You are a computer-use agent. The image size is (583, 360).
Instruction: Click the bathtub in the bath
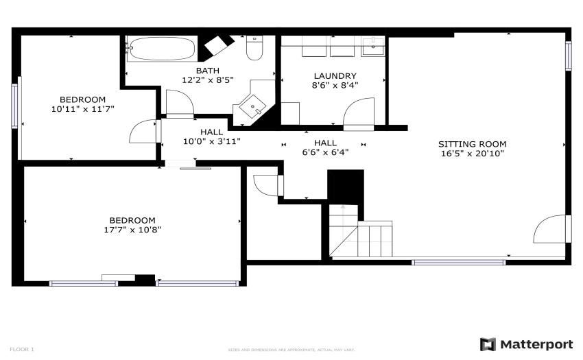(161, 49)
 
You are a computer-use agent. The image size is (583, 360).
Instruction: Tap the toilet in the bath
(254, 47)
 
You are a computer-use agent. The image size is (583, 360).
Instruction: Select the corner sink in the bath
(252, 105)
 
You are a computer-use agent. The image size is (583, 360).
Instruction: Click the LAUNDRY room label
(335, 76)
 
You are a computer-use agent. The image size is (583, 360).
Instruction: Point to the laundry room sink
(372, 47)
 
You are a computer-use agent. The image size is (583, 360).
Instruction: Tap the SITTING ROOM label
(472, 144)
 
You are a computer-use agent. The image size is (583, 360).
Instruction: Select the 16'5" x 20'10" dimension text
(472, 154)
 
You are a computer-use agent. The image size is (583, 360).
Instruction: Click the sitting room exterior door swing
(549, 229)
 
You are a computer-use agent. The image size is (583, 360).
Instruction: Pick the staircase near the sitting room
(361, 231)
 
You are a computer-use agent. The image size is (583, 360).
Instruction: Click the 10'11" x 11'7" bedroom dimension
(82, 109)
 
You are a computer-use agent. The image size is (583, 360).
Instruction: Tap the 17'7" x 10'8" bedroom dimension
(132, 230)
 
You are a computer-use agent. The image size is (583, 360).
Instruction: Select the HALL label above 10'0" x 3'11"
(211, 132)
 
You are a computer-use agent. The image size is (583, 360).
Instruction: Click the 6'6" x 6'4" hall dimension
(325, 152)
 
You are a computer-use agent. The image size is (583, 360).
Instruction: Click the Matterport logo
(527, 344)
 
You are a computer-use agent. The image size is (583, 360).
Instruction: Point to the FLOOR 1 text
(22, 349)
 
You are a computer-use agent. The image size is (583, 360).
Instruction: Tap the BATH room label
(207, 71)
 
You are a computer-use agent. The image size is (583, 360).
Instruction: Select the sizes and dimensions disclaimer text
(291, 350)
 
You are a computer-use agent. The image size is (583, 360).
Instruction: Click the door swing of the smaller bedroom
(143, 131)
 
